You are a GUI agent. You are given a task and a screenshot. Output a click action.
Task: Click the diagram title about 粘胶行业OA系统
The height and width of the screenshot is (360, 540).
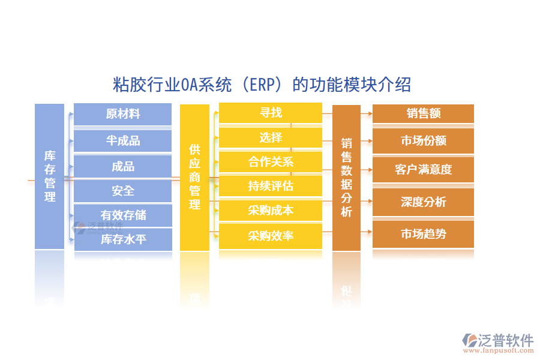[262, 85]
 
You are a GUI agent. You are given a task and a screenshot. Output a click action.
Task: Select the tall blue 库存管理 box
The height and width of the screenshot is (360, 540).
[49, 176]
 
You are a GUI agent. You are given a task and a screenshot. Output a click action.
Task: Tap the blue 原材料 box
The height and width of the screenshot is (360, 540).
[122, 114]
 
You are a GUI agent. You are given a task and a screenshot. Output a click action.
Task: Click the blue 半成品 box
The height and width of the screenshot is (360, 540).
[122, 140]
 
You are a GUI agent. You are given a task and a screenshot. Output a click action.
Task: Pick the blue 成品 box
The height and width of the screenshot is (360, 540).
[122, 166]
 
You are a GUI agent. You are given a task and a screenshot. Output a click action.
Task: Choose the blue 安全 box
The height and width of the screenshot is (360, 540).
[122, 191]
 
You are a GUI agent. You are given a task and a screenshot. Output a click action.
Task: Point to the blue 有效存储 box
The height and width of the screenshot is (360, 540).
[122, 215]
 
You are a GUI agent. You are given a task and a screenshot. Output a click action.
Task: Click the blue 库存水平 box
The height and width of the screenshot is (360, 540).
[122, 239]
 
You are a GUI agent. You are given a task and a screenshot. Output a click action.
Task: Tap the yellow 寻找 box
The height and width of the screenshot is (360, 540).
[271, 113]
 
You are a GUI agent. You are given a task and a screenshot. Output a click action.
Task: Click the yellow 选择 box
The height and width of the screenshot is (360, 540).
[271, 137]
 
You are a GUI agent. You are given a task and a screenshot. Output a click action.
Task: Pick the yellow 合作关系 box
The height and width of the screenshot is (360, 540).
[271, 162]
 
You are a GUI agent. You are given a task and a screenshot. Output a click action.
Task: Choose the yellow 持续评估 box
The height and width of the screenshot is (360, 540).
[271, 186]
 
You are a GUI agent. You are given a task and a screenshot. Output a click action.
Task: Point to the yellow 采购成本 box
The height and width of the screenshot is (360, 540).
[271, 210]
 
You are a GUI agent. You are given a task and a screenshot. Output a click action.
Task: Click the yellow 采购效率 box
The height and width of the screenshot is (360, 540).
[271, 235]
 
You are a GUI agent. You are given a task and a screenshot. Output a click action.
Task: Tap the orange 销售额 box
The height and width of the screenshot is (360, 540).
[423, 113]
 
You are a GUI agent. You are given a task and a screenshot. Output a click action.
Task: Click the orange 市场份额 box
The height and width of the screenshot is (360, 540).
[423, 141]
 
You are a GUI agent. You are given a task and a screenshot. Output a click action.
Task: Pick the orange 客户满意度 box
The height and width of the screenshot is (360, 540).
[423, 169]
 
